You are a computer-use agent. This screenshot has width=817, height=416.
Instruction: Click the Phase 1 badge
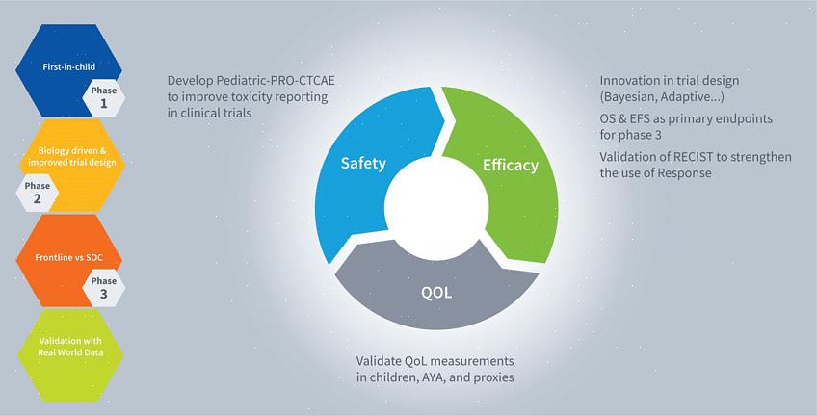click(x=104, y=97)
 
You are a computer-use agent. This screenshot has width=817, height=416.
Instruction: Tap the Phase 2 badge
click(x=37, y=193)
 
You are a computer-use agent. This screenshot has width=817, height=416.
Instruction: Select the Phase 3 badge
click(x=104, y=288)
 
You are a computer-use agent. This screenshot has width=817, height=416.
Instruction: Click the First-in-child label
click(x=68, y=66)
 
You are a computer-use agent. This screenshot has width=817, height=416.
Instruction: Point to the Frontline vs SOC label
click(x=68, y=258)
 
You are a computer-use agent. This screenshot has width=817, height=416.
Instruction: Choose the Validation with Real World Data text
click(x=70, y=347)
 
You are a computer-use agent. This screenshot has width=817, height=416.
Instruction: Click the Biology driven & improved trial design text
click(x=72, y=157)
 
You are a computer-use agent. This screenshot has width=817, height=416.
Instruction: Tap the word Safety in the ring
click(x=363, y=164)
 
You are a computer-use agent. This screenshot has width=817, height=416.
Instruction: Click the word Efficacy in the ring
click(x=510, y=165)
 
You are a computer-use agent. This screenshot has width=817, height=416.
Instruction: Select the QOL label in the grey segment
click(x=436, y=293)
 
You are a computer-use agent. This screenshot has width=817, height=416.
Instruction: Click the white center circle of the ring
click(x=436, y=208)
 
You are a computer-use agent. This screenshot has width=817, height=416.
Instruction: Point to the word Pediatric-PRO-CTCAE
click(x=271, y=81)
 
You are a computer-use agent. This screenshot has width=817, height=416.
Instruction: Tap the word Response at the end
click(x=684, y=173)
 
